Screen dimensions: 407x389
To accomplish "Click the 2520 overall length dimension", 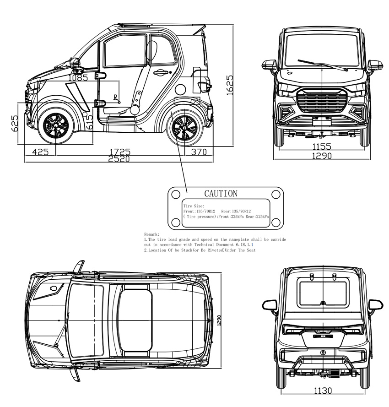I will point(119,159).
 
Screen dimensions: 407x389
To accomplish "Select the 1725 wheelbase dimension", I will point(120,152).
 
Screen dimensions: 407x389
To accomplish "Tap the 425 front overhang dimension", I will point(40,152).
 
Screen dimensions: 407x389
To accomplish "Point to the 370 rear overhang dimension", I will point(199,152).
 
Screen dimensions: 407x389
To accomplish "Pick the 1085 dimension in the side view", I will point(78,78).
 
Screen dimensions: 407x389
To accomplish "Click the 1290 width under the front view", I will point(322,156).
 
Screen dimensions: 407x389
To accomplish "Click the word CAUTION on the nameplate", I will point(221,194).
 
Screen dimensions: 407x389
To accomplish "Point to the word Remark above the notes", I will point(151,234).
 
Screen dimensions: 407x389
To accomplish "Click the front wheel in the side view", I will point(55,125).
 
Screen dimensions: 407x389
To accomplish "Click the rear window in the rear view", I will point(323,294).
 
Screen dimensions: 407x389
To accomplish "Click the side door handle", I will point(160,72).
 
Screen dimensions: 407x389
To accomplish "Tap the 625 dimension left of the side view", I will point(15,123).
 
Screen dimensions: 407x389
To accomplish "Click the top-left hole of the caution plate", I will point(175,194).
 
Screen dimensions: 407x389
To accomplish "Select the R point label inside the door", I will point(115,97).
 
